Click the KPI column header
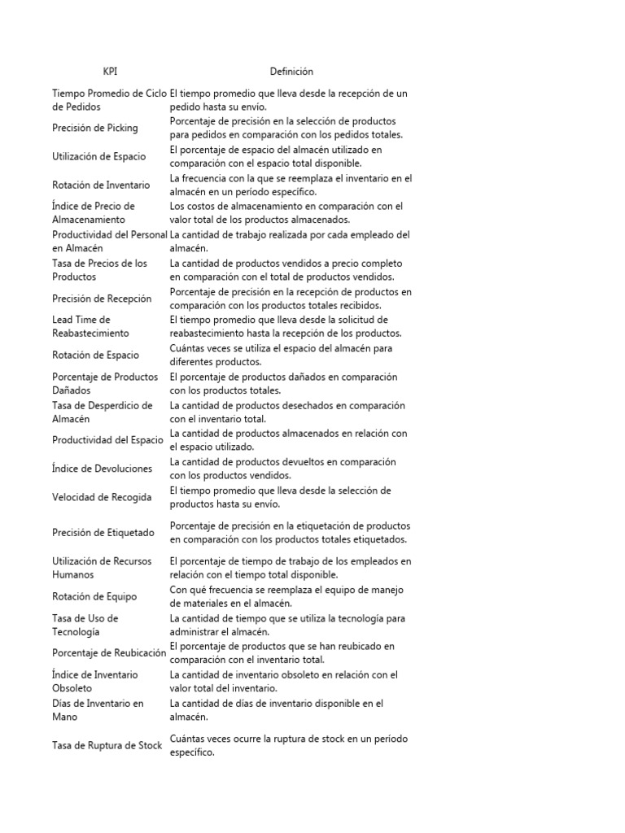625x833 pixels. click(x=110, y=72)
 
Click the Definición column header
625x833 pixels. click(x=291, y=72)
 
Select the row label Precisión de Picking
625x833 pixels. click(x=95, y=128)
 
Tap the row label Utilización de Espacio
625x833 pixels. click(x=100, y=156)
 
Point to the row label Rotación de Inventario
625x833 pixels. click(x=101, y=185)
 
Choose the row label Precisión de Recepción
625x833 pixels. click(x=101, y=299)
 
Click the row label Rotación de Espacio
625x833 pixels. click(x=95, y=355)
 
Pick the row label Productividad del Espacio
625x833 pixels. click(x=107, y=440)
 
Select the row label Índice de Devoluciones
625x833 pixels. click(x=102, y=469)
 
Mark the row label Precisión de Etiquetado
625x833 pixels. click(x=103, y=533)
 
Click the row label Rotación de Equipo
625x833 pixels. click(x=94, y=596)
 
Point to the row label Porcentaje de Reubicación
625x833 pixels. click(x=109, y=652)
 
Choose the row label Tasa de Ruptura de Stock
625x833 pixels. click(x=107, y=745)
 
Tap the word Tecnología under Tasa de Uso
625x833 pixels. click(x=76, y=632)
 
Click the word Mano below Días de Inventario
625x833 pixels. click(x=65, y=717)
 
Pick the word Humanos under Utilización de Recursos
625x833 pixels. click(x=72, y=575)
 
